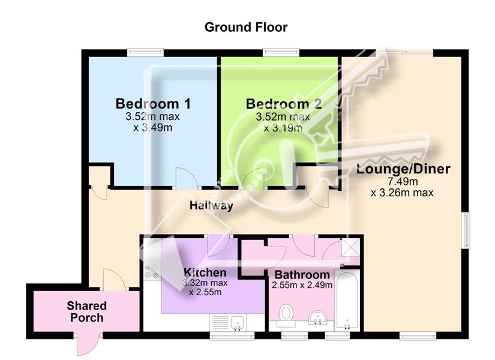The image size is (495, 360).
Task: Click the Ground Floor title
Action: pos(246,28)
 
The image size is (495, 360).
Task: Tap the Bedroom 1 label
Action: pos(153,104)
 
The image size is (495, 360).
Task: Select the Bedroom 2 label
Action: pos(284,104)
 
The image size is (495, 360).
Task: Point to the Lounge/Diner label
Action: pos(403,169)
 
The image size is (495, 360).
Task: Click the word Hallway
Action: pos(211,206)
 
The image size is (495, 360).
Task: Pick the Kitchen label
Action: pos(205,272)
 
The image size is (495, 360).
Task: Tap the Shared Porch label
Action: pos(87,311)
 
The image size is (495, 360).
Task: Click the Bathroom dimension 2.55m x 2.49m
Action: pos(302,285)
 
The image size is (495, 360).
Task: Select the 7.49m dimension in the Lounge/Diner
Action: pos(403,182)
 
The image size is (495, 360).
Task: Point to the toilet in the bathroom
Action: pos(286,315)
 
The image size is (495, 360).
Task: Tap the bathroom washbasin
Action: pos(317,317)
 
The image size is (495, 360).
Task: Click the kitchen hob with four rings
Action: pos(152,271)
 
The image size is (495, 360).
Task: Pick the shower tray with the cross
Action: pos(350,247)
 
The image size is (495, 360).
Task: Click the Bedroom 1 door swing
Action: pos(186,178)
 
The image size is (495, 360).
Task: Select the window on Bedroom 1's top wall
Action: pos(146,52)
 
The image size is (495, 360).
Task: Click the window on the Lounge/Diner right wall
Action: pos(467,230)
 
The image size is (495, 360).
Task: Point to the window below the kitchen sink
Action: pos(232,337)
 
